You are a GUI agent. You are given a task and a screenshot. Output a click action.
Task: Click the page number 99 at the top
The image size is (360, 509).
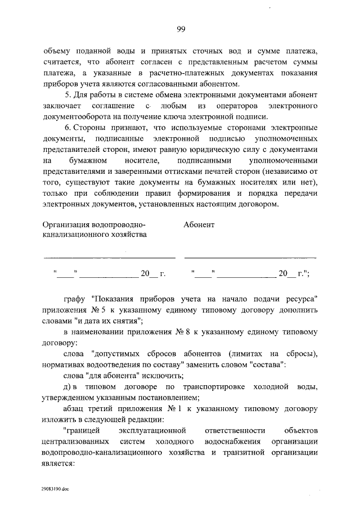point(180,30)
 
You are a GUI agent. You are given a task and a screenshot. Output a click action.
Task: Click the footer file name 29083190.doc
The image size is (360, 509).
point(55,490)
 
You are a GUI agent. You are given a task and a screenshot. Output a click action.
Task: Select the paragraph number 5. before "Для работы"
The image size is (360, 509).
point(68,94)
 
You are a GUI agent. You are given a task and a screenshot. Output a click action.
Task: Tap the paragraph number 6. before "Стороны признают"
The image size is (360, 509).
point(68,129)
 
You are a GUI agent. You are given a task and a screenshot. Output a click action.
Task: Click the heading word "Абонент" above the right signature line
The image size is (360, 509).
point(199,224)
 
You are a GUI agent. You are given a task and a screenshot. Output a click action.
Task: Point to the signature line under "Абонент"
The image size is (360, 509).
point(250,256)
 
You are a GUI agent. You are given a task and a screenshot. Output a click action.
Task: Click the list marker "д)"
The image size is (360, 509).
point(69,387)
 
